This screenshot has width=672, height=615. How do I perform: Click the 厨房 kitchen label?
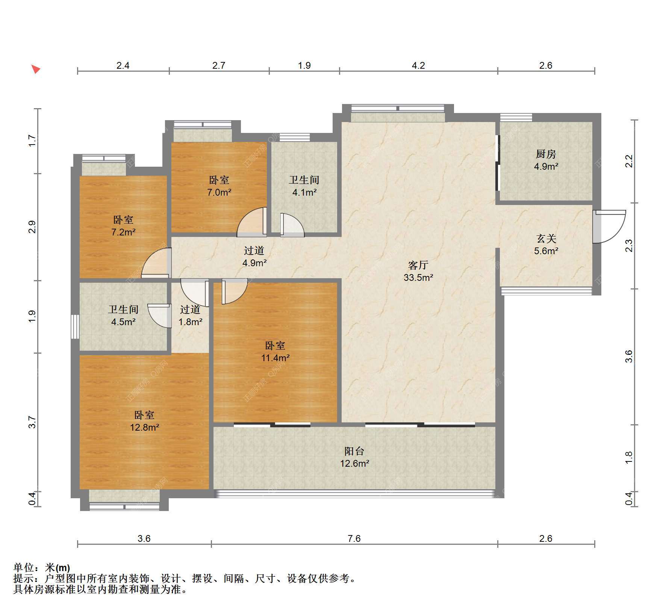pyautogui.click(x=546, y=154)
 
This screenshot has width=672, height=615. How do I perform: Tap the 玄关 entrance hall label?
pyautogui.click(x=546, y=238)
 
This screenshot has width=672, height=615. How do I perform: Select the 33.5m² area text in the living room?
pyautogui.click(x=418, y=277)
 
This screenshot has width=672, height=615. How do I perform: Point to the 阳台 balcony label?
pyautogui.click(x=354, y=451)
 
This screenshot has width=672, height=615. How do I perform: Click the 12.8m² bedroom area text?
pyautogui.click(x=145, y=427)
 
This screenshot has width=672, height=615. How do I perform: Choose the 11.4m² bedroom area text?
pyautogui.click(x=275, y=358)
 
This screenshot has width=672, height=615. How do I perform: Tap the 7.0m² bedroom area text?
pyautogui.click(x=219, y=192)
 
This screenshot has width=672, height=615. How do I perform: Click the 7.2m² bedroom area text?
pyautogui.click(x=123, y=232)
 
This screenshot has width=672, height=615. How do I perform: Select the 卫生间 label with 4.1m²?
pyautogui.click(x=304, y=180)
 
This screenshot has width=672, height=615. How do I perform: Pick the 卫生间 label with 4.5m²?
pyautogui.click(x=123, y=309)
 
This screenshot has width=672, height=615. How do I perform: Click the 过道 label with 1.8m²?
pyautogui.click(x=190, y=309)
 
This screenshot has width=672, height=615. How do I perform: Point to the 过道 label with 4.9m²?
pyautogui.click(x=254, y=250)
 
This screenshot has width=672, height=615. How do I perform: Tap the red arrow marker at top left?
pyautogui.click(x=35, y=69)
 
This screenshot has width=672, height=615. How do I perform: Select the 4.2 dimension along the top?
pyautogui.click(x=418, y=66)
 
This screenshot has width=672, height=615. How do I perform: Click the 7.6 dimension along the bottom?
pyautogui.click(x=354, y=539)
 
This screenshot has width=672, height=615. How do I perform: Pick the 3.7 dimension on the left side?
pyautogui.click(x=33, y=422)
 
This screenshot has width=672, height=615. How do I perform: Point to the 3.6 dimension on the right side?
pyautogui.click(x=629, y=356)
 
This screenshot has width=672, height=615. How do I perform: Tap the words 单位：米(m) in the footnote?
pyautogui.click(x=42, y=567)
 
